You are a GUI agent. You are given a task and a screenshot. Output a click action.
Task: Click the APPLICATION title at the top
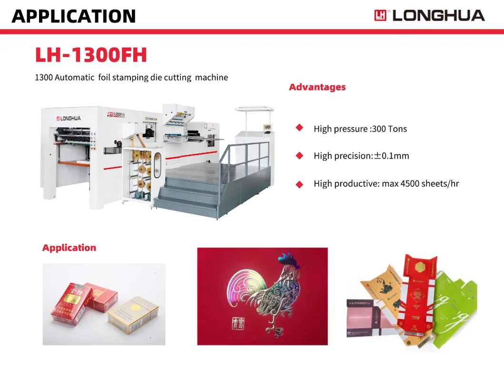pyautogui.click(x=74, y=16)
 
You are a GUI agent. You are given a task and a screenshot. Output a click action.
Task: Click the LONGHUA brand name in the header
pyautogui.click(x=438, y=15)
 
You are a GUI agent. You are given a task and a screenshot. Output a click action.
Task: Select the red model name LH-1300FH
pyautogui.click(x=91, y=55)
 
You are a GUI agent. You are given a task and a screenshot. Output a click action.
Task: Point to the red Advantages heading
pyautogui.click(x=317, y=87)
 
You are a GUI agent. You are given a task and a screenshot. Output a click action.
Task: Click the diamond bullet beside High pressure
pyautogui.click(x=299, y=128)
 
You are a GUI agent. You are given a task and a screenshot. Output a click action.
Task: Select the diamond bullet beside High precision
pyautogui.click(x=299, y=155)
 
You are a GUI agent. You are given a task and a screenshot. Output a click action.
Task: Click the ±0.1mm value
pyautogui.click(x=391, y=156)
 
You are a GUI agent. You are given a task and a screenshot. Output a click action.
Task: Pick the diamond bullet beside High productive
pyautogui.click(x=299, y=184)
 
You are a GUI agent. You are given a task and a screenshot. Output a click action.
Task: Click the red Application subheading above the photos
pyautogui.click(x=69, y=248)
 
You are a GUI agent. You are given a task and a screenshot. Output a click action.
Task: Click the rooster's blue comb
pyautogui.click(x=287, y=260)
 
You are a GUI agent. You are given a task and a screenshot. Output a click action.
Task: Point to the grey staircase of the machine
pyautogui.click(x=190, y=193)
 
